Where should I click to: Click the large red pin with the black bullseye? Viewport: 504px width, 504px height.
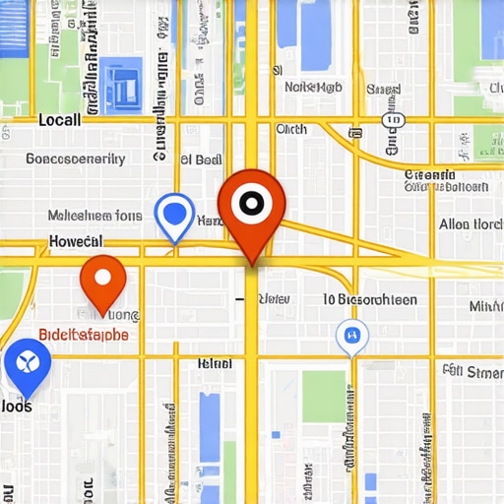pos(252,205)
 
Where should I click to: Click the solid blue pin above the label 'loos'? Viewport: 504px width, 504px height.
pos(27,363)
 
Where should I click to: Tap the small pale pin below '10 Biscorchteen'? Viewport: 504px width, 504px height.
pos(351,338)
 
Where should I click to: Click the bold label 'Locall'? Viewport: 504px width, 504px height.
pos(59,120)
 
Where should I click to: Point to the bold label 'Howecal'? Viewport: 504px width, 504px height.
pos(75,241)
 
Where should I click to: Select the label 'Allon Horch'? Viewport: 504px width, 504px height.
pos(471,224)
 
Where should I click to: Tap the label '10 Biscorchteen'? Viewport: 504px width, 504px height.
pos(370,300)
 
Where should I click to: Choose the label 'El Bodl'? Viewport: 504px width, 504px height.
pos(201,158)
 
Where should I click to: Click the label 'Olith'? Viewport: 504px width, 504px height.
pos(291,129)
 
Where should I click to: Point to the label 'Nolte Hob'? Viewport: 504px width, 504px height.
pos(313,87)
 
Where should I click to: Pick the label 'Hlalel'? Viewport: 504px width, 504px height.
pos(215,363)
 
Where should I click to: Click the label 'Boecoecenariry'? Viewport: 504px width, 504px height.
pos(75,158)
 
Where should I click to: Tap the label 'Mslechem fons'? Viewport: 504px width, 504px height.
pos(94,216)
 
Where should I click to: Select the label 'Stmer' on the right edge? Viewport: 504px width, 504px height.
pos(472,371)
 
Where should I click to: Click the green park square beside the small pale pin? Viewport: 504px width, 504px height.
pos(324,396)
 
